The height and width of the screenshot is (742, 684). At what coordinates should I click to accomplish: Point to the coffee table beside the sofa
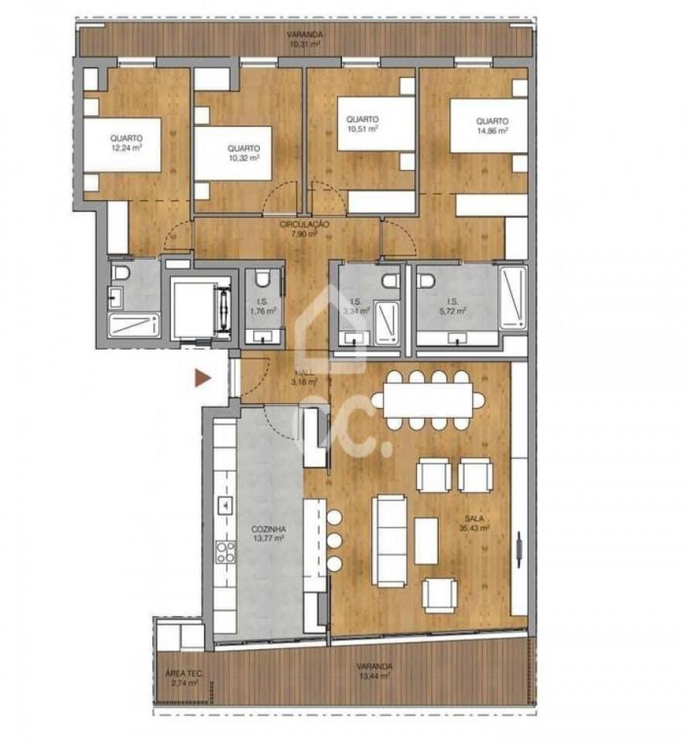pyautogui.click(x=426, y=540)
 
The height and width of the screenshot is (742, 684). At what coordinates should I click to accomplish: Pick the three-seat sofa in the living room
pyautogui.click(x=390, y=540)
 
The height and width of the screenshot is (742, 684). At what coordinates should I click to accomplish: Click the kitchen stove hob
pyautogui.click(x=225, y=552)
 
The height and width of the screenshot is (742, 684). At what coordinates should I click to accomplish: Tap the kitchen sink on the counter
pyautogui.click(x=225, y=504)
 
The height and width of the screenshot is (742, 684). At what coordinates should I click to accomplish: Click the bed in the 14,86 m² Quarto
pyautogui.click(x=488, y=126)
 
